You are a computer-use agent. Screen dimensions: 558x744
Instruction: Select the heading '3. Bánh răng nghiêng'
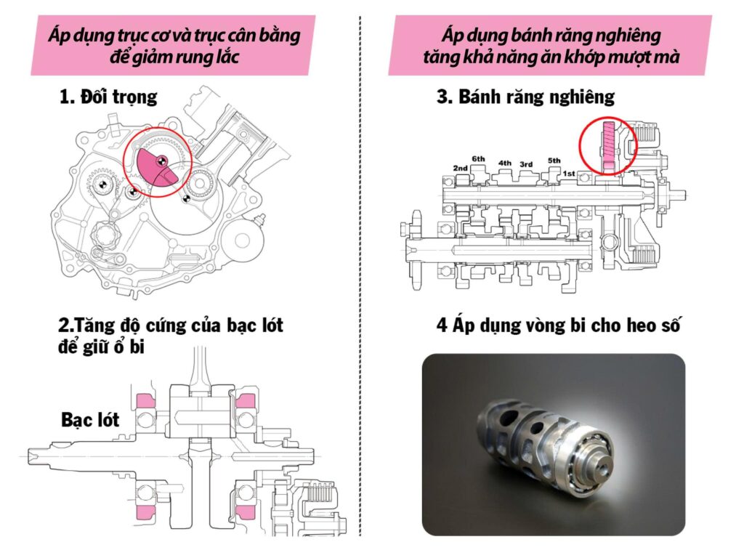(x=525, y=97)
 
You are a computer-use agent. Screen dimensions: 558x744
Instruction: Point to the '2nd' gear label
(x=460, y=168)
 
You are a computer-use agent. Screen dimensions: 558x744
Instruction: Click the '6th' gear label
(x=478, y=158)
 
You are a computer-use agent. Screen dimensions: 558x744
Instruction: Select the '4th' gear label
(x=504, y=163)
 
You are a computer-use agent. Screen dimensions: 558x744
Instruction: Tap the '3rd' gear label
(x=527, y=164)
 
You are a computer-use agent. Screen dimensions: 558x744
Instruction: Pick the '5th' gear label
(x=554, y=161)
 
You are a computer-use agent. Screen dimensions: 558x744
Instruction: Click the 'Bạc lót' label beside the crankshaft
(x=90, y=420)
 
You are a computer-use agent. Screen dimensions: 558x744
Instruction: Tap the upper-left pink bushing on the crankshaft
(x=145, y=400)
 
